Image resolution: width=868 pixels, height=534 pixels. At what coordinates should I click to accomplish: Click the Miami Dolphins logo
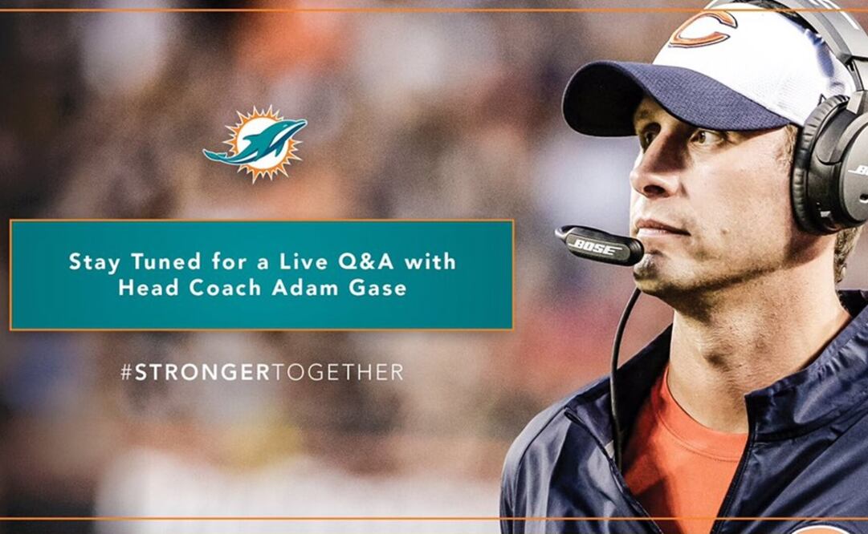(256, 143)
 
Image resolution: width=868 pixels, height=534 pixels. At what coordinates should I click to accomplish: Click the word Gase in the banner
(380, 288)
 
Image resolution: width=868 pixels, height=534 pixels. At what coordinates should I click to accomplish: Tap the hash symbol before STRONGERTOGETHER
(126, 372)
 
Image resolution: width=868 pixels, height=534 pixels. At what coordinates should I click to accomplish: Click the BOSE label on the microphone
(597, 246)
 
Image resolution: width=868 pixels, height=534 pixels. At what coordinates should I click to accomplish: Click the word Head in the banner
(144, 288)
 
